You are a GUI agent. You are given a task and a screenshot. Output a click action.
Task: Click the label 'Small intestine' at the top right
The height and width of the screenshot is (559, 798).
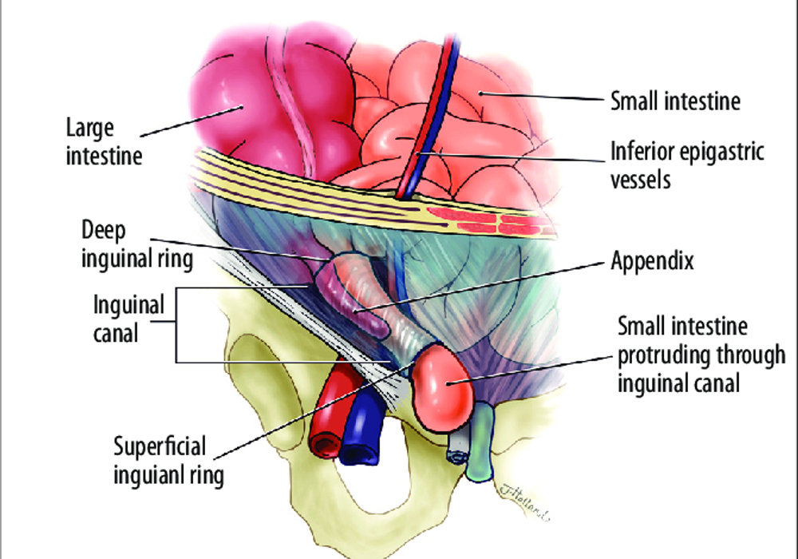(x=675, y=101)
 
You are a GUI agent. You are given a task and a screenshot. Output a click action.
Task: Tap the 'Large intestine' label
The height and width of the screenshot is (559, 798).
(x=104, y=141)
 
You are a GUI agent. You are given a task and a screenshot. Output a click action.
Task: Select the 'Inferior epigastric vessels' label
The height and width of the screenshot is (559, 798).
(x=687, y=165)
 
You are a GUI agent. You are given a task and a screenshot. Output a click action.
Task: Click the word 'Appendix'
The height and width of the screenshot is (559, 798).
(x=652, y=260)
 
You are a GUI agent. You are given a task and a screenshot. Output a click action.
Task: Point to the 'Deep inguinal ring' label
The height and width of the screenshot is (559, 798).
(x=137, y=245)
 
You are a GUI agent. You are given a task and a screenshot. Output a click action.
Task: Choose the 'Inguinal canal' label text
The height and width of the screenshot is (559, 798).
(x=128, y=319)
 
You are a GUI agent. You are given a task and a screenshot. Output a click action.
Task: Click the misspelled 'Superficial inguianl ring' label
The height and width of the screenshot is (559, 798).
(x=168, y=462)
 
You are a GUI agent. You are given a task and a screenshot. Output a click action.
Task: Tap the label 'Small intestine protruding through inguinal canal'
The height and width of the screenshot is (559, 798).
(x=701, y=355)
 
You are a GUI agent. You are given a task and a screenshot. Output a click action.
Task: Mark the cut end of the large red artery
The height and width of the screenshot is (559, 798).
(x=325, y=446)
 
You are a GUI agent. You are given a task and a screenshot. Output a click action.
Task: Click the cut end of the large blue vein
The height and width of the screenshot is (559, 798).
(x=360, y=453)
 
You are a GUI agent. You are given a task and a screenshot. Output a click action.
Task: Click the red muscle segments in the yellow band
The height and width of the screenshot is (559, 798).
(x=488, y=220)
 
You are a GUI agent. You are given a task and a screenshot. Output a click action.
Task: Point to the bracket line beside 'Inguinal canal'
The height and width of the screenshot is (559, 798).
(x=176, y=325)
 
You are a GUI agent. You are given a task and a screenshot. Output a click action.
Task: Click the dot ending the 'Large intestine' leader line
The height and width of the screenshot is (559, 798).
(x=241, y=107)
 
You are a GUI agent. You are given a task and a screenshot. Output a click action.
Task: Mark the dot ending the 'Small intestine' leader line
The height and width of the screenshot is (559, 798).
(x=480, y=93)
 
